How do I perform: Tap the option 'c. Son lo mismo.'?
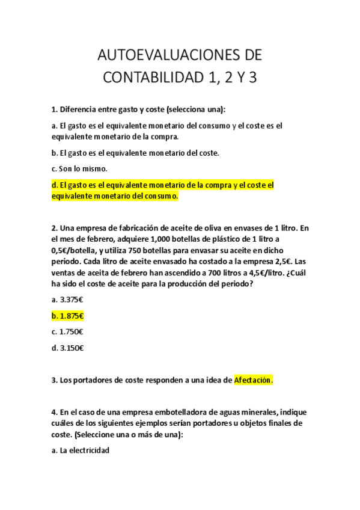[79, 168]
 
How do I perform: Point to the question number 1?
[54, 109]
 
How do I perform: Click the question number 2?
[54, 228]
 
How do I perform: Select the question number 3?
[54, 380]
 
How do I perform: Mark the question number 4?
[54, 412]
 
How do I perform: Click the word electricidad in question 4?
[88, 449]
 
